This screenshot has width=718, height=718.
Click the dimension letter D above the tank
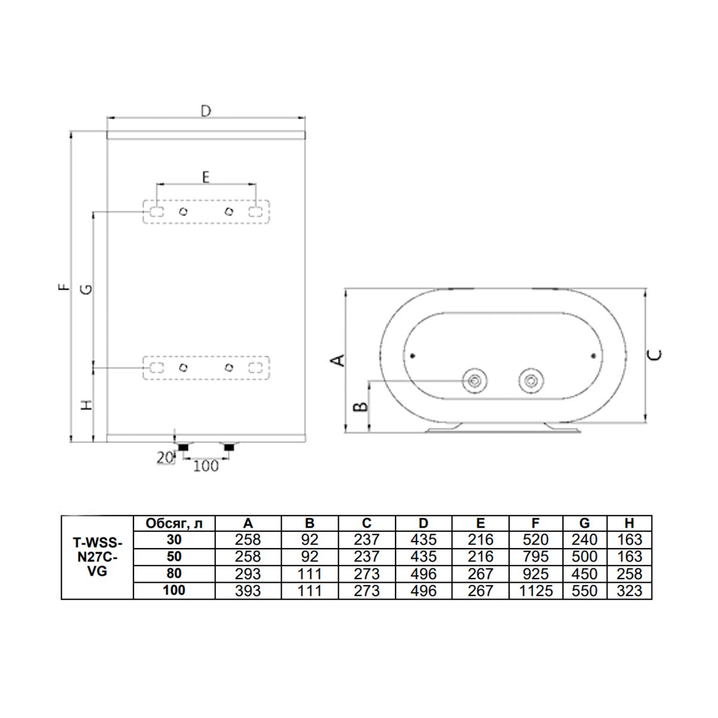click(205, 111)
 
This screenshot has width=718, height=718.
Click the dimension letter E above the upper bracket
click(205, 177)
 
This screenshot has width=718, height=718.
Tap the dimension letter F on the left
click(63, 288)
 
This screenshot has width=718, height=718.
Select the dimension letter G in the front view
click(87, 289)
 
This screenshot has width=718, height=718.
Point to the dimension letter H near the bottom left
click(87, 405)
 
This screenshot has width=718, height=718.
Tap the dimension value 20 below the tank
click(165, 458)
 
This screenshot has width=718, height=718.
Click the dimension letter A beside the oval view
click(338, 360)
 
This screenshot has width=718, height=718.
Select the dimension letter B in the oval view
click(360, 407)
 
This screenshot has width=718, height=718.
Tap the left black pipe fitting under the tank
click(182, 447)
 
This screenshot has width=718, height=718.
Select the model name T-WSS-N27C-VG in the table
click(96, 557)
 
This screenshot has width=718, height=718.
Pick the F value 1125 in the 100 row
click(535, 591)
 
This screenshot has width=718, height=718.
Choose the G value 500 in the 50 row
click(584, 556)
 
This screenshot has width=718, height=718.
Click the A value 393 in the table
click(248, 591)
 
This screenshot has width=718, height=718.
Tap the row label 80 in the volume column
click(174, 573)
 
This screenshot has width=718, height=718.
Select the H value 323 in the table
click(629, 591)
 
